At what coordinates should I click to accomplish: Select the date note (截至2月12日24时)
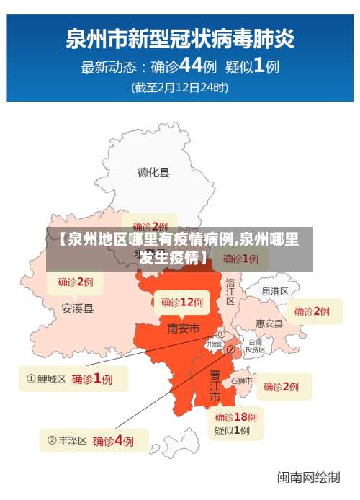[180, 88]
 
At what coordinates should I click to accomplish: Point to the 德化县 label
[153, 172]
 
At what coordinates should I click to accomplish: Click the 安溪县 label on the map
[77, 308]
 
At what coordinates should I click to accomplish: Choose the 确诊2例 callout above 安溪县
[76, 281]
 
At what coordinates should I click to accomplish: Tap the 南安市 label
[183, 329]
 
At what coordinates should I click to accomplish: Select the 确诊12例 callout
[182, 302]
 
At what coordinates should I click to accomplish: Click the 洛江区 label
[230, 291]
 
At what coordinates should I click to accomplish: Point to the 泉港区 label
[274, 292]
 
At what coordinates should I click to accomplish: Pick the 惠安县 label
[269, 324]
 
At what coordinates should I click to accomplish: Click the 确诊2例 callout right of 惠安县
[312, 311]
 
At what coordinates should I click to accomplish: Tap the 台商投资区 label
[255, 346]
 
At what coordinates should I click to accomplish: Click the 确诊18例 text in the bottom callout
[235, 416]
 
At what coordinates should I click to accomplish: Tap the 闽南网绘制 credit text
[309, 477]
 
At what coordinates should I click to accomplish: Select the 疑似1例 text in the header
[252, 66]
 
